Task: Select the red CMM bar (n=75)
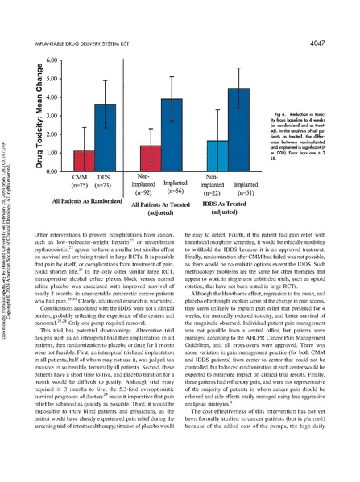point(62,160)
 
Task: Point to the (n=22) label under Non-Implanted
point(195,193)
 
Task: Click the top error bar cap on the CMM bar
point(62,127)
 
